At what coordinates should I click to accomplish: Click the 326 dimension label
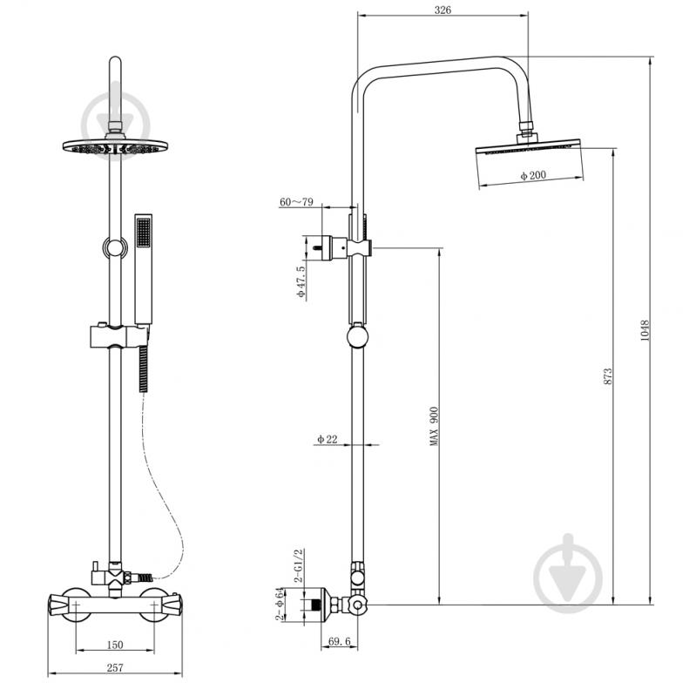(x=443, y=10)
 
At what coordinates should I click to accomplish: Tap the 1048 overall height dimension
(x=645, y=331)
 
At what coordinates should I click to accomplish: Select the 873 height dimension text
(x=608, y=376)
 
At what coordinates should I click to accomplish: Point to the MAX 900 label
(x=434, y=427)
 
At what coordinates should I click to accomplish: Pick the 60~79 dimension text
(x=296, y=202)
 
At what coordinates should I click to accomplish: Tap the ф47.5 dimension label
(x=301, y=282)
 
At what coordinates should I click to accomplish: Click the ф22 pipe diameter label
(x=328, y=439)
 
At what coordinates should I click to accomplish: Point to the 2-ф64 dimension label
(x=280, y=605)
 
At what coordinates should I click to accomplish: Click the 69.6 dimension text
(x=340, y=641)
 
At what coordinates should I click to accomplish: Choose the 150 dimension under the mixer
(x=115, y=645)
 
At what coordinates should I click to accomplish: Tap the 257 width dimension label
(x=115, y=667)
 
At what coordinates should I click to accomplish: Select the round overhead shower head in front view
(x=115, y=146)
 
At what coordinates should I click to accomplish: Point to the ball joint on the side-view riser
(x=357, y=336)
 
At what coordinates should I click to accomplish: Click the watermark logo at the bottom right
(x=568, y=573)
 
